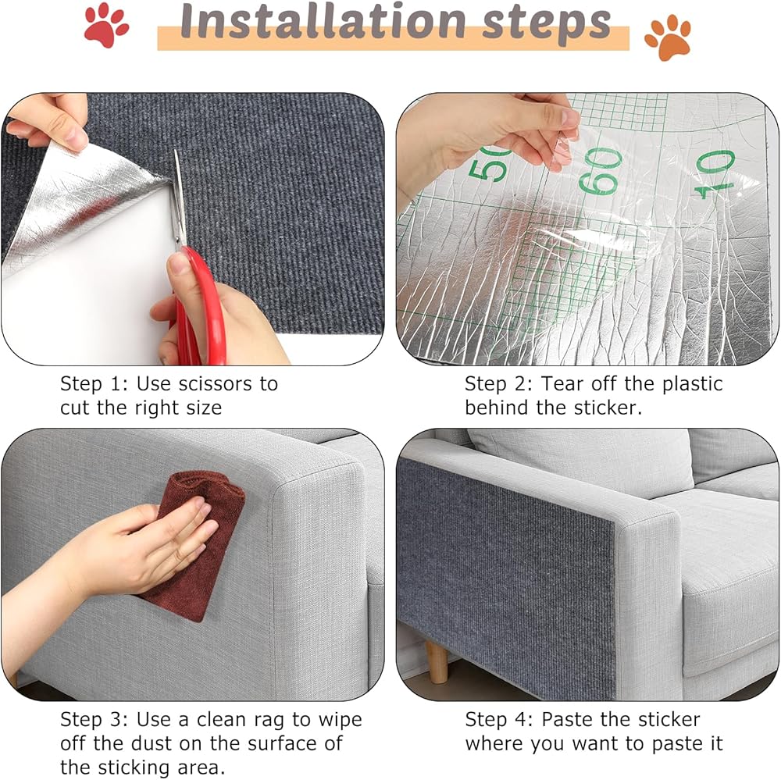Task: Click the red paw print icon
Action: click(105, 25)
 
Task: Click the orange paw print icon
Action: click(668, 37)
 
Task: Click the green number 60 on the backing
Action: click(601, 171)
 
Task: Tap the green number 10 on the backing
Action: click(715, 174)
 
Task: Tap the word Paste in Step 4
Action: click(568, 720)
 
